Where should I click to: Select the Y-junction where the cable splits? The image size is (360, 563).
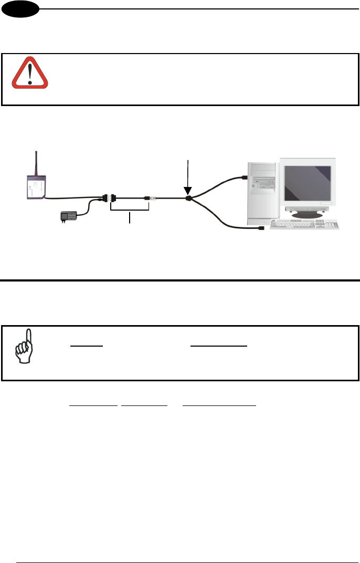pyautogui.click(x=188, y=200)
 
